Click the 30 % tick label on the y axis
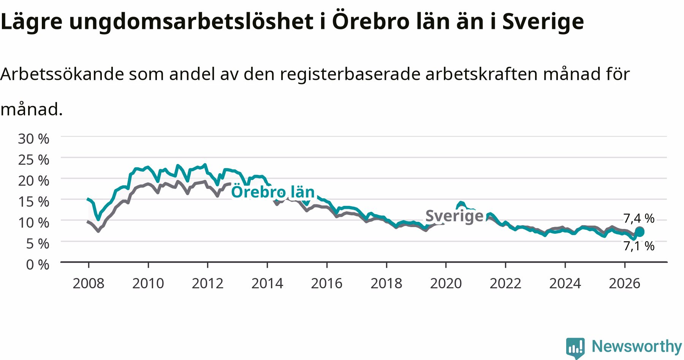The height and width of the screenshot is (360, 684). point(33,139)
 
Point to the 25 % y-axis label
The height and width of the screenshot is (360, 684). point(33,160)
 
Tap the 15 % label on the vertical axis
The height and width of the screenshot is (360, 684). point(33,202)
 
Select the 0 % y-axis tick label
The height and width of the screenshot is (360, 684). point(38,264)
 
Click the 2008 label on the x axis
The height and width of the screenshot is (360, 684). point(88,283)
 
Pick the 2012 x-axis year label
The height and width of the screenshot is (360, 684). point(207,283)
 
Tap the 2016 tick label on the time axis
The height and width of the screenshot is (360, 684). point(327,283)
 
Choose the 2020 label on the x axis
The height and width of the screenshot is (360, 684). point(446,283)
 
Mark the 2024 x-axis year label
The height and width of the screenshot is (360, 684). point(565,283)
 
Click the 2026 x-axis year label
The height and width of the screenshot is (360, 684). point(625,283)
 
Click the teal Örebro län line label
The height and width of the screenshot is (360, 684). point(273,192)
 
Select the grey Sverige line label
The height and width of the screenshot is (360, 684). point(454,216)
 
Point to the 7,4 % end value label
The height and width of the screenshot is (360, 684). point(639,218)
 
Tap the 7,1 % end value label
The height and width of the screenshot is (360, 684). point(639,246)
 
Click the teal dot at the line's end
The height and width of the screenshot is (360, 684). point(640,232)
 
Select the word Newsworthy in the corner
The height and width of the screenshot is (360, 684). point(637,346)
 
